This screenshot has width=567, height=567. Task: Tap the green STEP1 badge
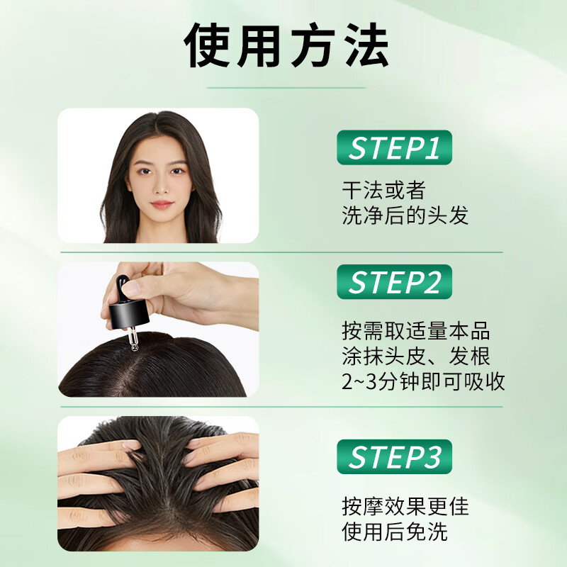(394, 148)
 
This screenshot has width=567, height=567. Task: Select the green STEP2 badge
(394, 281)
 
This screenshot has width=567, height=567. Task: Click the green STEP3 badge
(394, 457)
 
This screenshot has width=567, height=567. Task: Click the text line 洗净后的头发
(405, 215)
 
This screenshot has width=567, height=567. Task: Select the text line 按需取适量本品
(415, 331)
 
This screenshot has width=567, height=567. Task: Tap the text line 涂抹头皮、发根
(415, 356)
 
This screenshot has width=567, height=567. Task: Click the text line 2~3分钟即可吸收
(423, 381)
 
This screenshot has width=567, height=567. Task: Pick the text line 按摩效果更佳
(405, 506)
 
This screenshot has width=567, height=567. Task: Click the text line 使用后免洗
(394, 532)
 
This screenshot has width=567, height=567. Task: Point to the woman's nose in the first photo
(161, 189)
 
